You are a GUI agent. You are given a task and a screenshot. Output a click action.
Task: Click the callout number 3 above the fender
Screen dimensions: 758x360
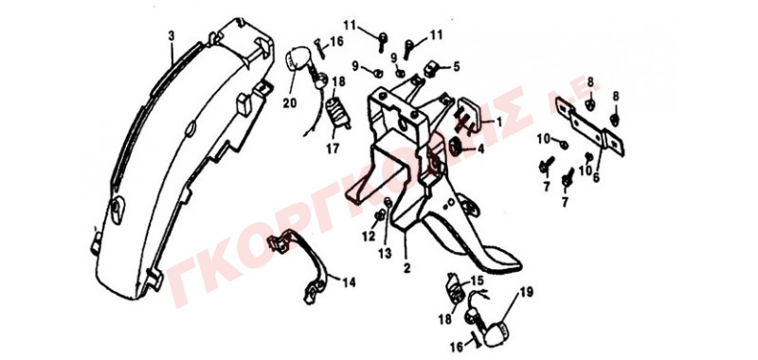coord(171,36)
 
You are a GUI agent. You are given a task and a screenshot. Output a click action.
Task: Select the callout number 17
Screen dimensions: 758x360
coord(333,150)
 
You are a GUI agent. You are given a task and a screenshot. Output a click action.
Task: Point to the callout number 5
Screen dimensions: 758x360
coord(457,66)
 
